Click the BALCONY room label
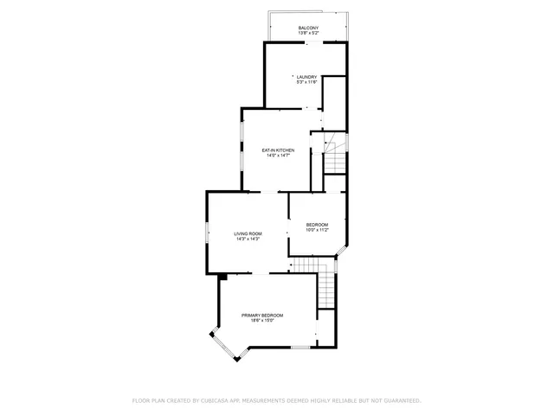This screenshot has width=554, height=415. (308, 29)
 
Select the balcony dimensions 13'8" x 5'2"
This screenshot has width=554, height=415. (308, 34)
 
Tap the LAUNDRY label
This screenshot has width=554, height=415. (307, 76)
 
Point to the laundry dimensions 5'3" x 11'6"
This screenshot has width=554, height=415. (307, 82)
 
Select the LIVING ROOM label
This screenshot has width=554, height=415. (248, 233)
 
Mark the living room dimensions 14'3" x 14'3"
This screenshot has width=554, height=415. (248, 239)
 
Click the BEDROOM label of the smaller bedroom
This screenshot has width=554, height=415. (317, 225)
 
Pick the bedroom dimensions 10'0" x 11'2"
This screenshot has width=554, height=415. (317, 231)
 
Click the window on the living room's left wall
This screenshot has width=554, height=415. (207, 233)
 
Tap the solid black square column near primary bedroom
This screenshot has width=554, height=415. (223, 278)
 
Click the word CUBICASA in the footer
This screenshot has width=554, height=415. (216, 400)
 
